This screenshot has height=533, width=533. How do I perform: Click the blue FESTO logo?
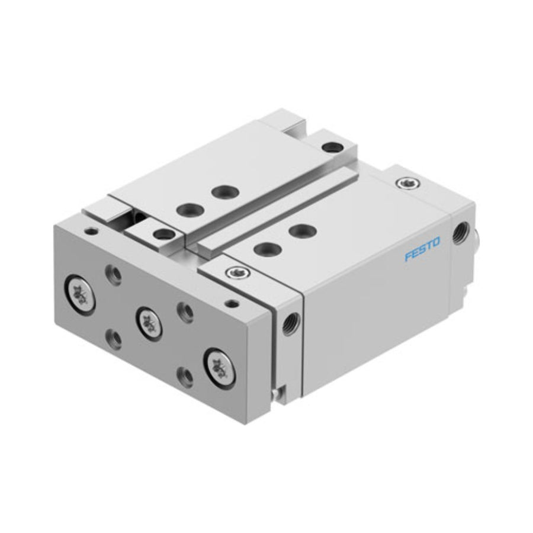(x=422, y=249)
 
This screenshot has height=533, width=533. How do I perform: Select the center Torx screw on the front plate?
(x=149, y=322)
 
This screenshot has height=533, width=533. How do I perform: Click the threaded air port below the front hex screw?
(x=291, y=323)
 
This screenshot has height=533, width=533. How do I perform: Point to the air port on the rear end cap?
(x=461, y=233)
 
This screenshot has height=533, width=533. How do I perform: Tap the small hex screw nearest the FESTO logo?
(x=408, y=183)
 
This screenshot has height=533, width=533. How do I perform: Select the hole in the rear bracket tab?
(x=332, y=147)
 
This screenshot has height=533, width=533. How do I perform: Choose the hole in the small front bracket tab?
(x=163, y=233)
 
